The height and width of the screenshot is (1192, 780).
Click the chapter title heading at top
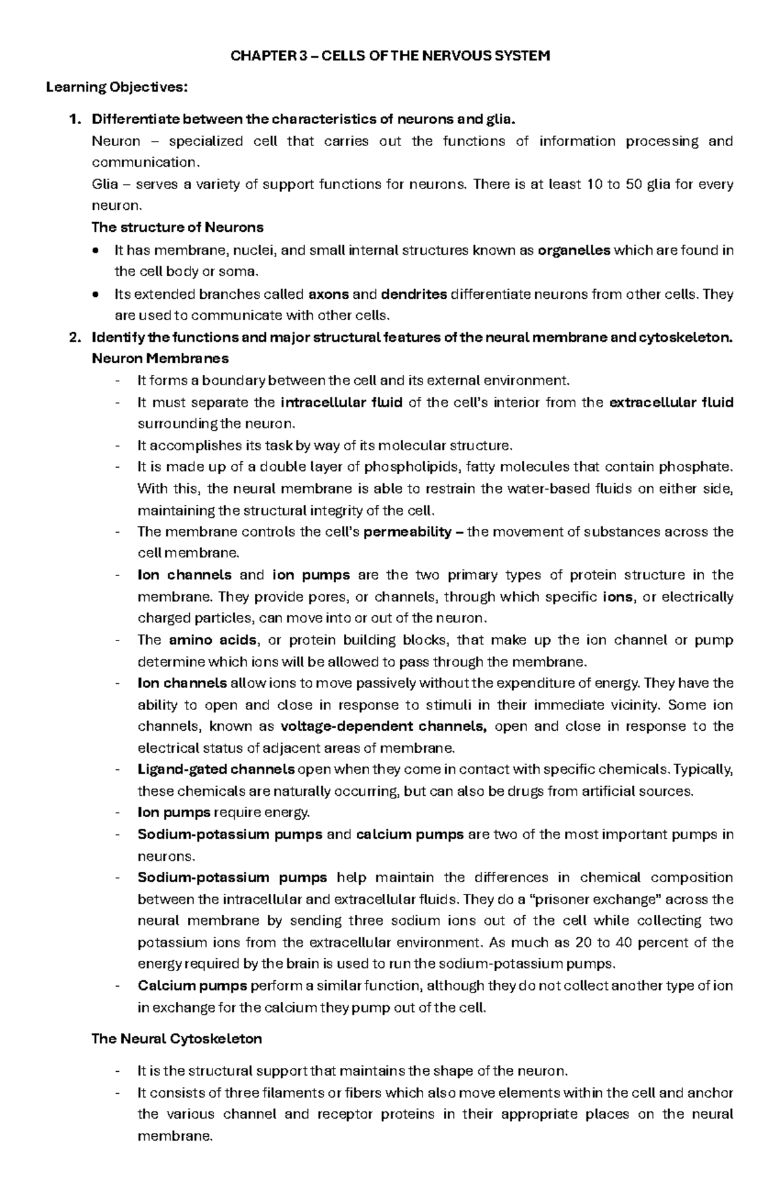[390, 56]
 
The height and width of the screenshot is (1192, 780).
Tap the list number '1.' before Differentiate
[76, 120]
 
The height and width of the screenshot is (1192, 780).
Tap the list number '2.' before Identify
[76, 337]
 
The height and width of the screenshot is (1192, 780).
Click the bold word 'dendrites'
[413, 294]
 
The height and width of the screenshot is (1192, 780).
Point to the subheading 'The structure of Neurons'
[177, 228]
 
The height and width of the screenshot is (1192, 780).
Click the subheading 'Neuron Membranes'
[160, 359]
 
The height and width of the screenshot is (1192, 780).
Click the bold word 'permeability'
[408, 532]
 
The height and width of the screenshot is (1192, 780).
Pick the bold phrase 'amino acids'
[213, 640]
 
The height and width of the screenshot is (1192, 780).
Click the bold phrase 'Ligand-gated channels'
[216, 770]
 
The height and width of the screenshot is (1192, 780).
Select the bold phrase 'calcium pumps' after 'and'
[410, 835]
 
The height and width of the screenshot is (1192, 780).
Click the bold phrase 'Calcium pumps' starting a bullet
[192, 986]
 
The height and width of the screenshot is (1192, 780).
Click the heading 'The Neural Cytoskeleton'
[177, 1039]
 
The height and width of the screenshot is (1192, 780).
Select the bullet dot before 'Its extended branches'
[96, 294]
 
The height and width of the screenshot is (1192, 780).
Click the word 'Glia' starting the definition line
[105, 184]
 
